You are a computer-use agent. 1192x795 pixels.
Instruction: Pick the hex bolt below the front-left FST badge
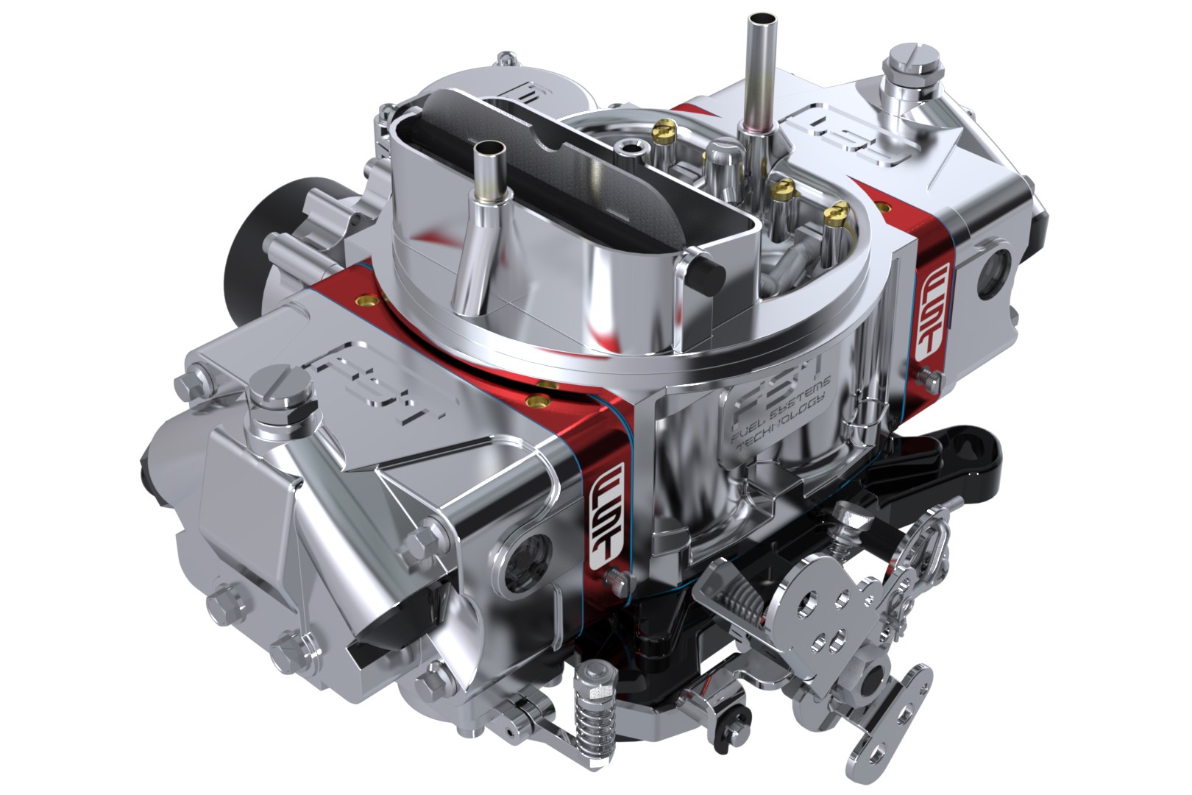tap(610, 575)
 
